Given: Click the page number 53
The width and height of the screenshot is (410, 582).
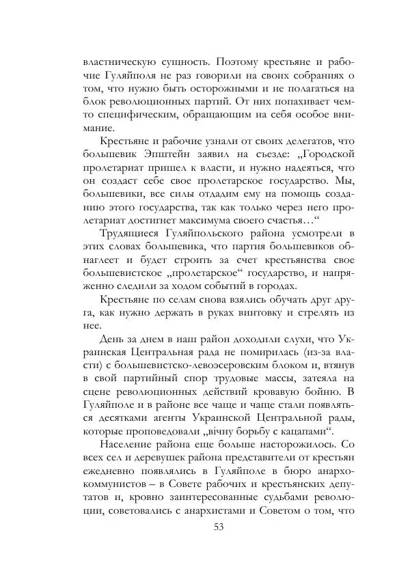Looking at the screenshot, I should coord(219,527).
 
